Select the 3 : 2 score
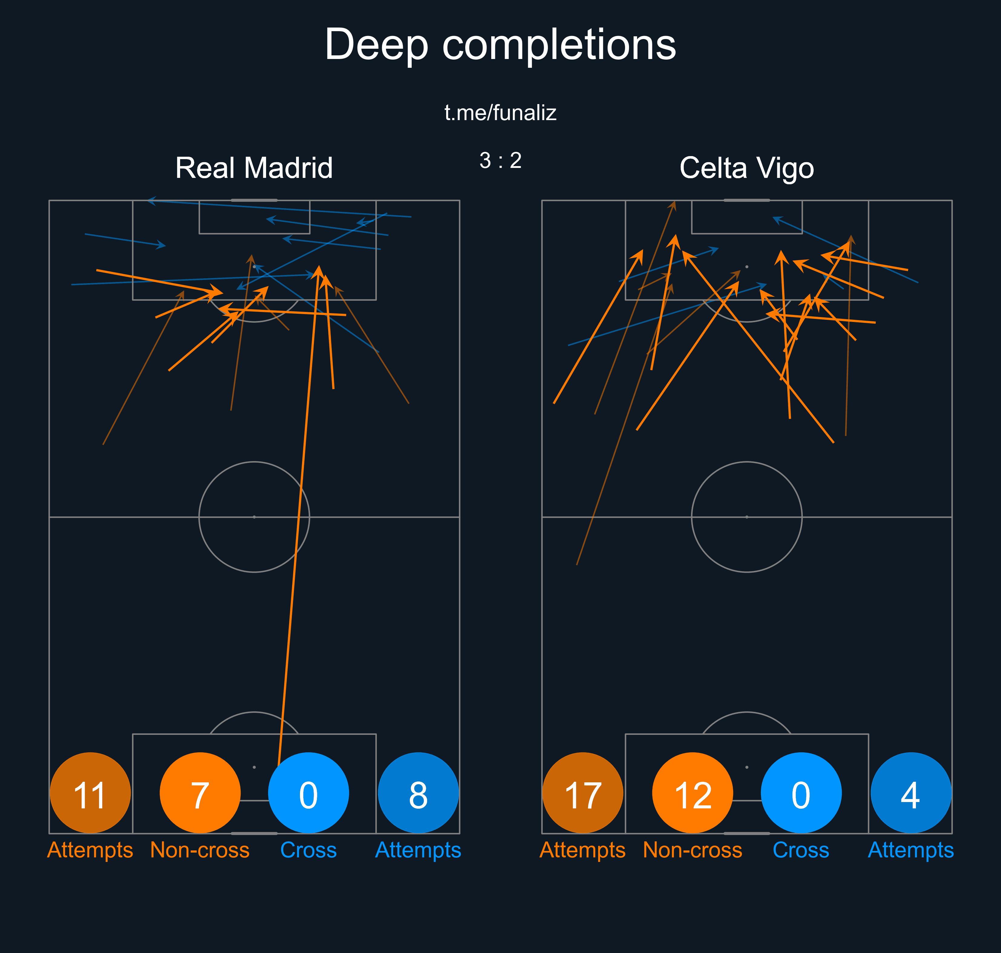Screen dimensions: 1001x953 [501, 161]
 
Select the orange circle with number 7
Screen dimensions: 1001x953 [200, 793]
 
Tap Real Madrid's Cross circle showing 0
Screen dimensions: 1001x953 [308, 793]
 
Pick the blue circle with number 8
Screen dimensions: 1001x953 [418, 793]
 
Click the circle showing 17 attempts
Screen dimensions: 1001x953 [583, 793]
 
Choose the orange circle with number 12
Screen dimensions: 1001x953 [693, 793]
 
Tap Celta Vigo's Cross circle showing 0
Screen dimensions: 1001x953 [801, 793]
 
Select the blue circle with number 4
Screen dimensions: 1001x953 [911, 793]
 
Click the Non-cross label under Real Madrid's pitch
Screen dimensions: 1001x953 [200, 850]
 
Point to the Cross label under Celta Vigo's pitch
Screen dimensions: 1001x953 [801, 850]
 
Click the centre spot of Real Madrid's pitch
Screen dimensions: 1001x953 [254, 517]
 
